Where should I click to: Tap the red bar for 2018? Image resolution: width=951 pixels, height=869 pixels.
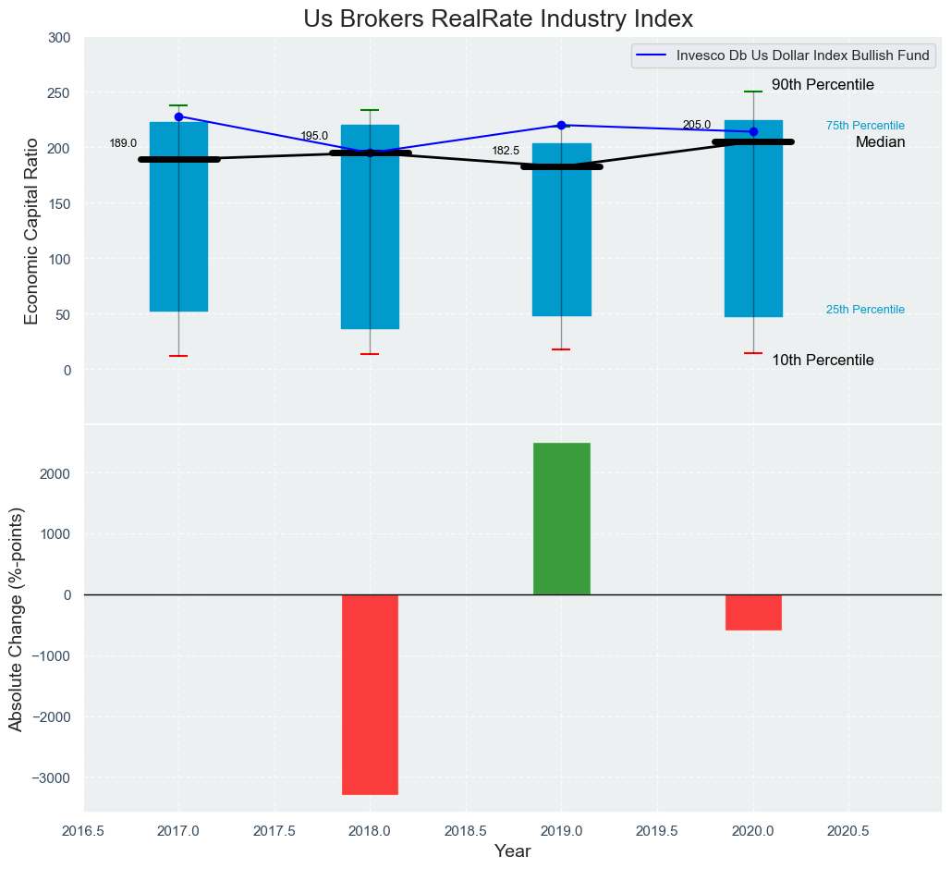370,694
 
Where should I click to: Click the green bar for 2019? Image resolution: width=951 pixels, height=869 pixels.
561,519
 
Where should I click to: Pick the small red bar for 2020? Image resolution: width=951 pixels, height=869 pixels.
753,612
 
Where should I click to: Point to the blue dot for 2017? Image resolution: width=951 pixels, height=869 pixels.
178,116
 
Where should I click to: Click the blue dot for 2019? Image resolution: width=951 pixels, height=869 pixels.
561,125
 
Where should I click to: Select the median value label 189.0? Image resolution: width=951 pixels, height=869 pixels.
123,143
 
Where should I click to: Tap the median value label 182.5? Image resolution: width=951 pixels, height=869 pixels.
506,151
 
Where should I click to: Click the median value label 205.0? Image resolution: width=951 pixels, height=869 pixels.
697,125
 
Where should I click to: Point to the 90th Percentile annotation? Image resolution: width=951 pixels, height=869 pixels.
823,85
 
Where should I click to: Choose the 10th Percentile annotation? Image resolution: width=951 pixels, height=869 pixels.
823,361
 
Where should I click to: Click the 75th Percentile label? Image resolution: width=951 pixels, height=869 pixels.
865,126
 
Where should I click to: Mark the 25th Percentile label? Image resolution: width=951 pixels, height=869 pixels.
865,310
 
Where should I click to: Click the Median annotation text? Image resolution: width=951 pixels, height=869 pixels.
880,142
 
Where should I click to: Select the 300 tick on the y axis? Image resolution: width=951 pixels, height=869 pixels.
59,38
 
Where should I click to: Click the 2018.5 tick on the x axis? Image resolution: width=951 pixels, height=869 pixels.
466,831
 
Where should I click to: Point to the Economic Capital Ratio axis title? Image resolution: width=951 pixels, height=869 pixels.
31,230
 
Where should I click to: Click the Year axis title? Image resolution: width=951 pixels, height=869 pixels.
512,851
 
